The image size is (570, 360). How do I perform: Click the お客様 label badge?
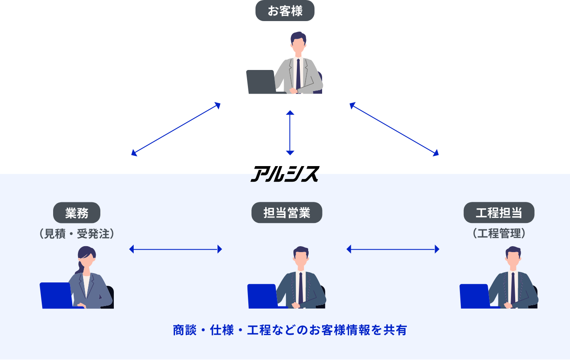285,11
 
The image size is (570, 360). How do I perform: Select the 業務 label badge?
77,213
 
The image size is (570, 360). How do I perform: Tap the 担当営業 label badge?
287,213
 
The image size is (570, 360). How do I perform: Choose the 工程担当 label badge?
499,213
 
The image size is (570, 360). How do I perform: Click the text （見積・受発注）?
77,234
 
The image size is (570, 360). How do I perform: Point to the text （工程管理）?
499,233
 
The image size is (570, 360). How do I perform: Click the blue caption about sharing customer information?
290,330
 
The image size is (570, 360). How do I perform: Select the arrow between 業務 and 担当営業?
175,249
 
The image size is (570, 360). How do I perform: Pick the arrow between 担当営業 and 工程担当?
393,249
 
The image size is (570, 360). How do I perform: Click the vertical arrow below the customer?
290,133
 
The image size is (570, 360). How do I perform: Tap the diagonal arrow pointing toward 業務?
176,129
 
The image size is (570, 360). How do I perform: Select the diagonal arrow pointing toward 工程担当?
394,129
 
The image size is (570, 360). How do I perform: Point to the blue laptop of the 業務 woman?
56,295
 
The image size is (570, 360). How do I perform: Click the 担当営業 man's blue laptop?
262,296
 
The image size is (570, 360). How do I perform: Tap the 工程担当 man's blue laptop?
475,296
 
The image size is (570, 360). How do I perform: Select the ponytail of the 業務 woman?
78,267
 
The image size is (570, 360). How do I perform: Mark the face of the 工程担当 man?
513,258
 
